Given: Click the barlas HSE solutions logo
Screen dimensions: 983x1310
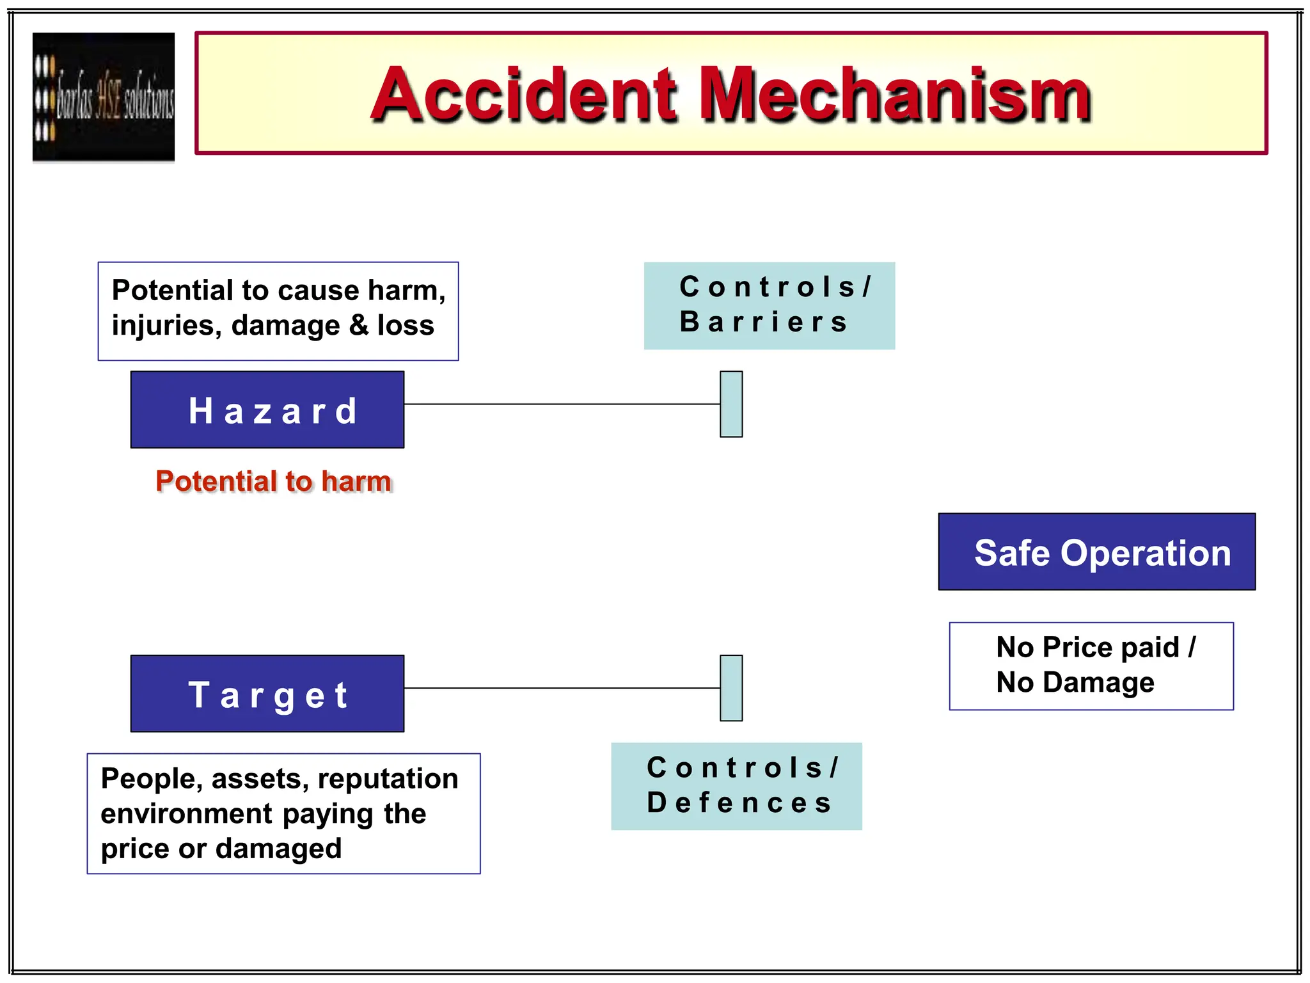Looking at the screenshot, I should pyautogui.click(x=104, y=97).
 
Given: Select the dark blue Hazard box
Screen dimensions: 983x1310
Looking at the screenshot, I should pyautogui.click(x=267, y=410).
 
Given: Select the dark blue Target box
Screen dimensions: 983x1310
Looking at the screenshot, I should pyautogui.click(x=267, y=694).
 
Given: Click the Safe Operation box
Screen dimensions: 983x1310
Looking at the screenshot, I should pyautogui.click(x=1096, y=552).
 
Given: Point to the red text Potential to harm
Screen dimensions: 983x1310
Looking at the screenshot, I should pyautogui.click(x=274, y=481).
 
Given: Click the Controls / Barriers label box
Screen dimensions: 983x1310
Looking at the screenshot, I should pyautogui.click(x=769, y=305).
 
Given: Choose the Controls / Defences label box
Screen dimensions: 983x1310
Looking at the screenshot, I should pyautogui.click(x=736, y=786).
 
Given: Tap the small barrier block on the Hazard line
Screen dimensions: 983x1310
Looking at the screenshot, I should pyautogui.click(x=731, y=404).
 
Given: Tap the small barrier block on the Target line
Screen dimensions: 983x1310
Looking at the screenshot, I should pyautogui.click(x=731, y=688).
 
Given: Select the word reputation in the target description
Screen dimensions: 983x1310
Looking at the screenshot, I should pyautogui.click(x=388, y=779).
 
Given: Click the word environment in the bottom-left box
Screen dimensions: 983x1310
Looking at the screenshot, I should pyautogui.click(x=187, y=814).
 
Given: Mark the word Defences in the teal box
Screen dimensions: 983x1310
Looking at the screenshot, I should pyautogui.click(x=739, y=803).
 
